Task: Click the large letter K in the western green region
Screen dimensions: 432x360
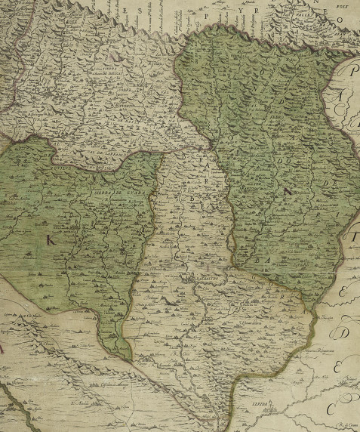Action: coord(51,240)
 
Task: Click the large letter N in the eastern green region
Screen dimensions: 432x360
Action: coord(286,192)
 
